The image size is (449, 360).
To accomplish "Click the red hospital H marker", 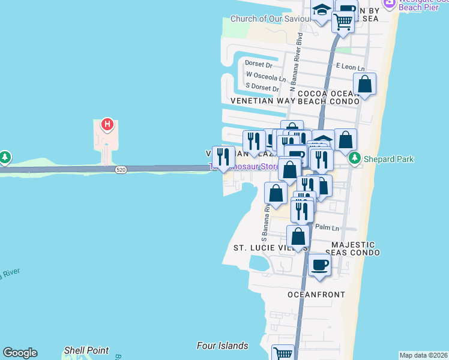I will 107,124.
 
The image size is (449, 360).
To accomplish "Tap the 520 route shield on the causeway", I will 121,170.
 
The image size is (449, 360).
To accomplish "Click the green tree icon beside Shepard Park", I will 355,158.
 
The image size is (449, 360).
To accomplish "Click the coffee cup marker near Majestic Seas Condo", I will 319,264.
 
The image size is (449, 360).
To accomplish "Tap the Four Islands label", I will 222,346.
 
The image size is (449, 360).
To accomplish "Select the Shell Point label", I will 86,350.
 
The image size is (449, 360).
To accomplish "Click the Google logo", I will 20,353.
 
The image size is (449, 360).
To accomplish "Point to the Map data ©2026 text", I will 423,355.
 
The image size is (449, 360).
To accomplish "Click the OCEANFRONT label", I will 316,295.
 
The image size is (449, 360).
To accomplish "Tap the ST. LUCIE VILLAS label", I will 271,248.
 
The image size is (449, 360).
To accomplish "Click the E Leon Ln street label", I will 351,68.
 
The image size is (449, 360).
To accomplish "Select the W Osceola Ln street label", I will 266,76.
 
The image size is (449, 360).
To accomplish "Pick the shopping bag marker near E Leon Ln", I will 364,85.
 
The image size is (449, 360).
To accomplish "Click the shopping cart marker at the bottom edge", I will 283,353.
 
